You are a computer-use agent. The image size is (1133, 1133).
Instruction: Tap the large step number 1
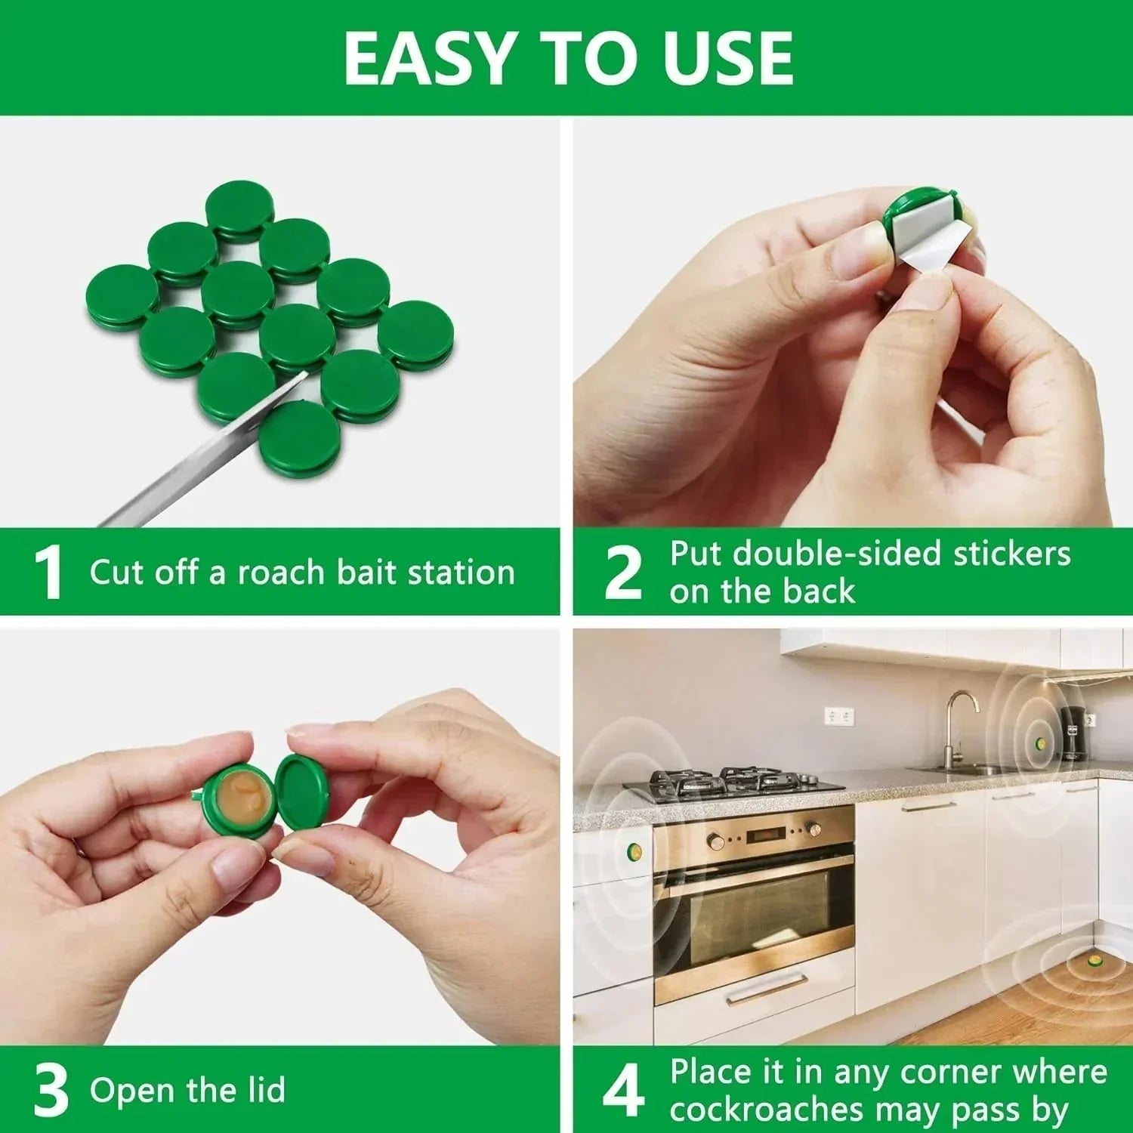[x=49, y=573]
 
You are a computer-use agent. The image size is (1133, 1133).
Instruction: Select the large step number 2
[x=623, y=573]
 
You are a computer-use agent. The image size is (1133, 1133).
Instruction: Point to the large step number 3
[x=51, y=1090]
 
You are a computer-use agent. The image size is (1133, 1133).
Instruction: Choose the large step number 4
[x=623, y=1090]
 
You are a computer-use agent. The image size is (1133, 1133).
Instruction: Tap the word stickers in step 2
[x=1011, y=554]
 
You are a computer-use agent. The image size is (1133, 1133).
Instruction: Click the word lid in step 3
[x=269, y=1090]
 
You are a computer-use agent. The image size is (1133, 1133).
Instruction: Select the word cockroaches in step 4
[x=766, y=1110]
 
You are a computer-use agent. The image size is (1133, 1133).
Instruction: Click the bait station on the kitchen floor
[x=1094, y=962]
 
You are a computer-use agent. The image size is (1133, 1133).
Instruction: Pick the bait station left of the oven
[x=633, y=853]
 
